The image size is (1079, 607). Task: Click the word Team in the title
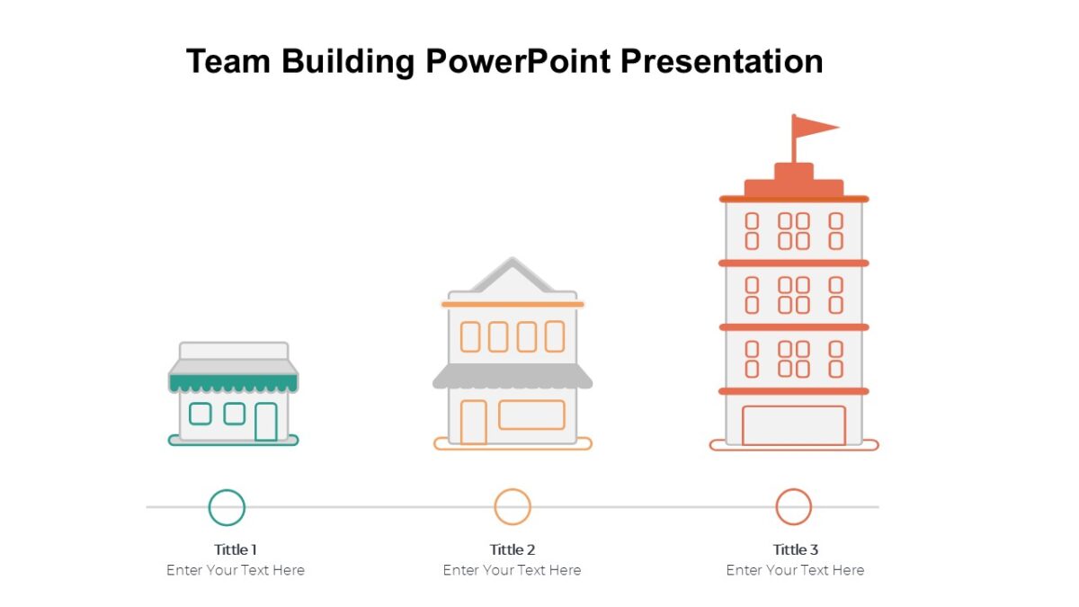228,62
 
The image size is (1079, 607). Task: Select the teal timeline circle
227,507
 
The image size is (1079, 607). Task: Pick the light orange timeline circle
513,507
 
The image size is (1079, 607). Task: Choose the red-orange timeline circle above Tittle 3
794,507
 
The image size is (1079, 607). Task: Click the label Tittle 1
236,549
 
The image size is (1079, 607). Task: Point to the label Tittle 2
513,549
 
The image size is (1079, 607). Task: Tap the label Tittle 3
796,549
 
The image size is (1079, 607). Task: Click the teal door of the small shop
265,422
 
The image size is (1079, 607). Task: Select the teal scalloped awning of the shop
233,383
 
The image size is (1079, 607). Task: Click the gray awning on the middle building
513,377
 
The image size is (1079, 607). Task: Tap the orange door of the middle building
473,422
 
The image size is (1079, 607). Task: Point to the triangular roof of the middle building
513,276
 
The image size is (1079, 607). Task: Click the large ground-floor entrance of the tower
793,425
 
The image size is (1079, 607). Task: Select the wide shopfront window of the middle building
531,415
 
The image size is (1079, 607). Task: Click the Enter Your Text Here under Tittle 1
236,570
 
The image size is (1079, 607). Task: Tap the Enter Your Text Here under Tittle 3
796,570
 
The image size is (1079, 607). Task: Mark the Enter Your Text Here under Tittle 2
513,570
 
